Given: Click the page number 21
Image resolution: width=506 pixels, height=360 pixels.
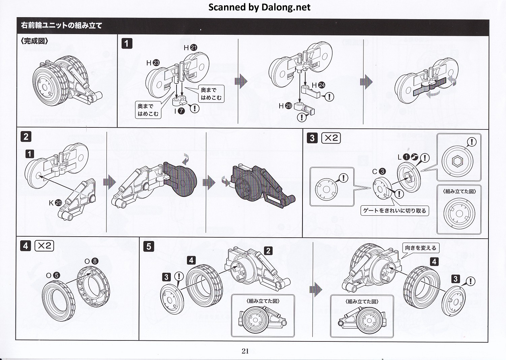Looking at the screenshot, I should coord(245,351).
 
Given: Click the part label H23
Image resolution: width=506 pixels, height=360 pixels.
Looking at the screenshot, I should coord(153,63).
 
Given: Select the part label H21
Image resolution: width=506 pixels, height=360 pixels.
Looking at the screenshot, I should coord(190,48).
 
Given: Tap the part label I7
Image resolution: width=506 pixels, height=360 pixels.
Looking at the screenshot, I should coord(179,110).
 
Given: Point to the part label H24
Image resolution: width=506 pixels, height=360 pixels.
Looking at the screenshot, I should coord(318,85).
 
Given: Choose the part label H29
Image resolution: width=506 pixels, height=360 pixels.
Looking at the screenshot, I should coord(285,106).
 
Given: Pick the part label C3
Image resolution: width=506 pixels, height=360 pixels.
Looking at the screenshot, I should coord(378,171).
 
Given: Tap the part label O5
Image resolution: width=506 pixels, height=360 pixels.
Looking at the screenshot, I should coord(53,275).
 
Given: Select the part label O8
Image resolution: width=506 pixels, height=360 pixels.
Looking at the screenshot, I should coord(91,261).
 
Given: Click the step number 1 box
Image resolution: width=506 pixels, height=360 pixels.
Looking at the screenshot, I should coord(127,43).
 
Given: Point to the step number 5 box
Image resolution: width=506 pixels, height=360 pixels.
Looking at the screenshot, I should coord(149,246).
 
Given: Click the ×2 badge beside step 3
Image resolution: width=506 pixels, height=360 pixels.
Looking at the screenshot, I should coord(331,138).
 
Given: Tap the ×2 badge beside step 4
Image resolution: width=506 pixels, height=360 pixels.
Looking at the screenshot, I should coord(44,246).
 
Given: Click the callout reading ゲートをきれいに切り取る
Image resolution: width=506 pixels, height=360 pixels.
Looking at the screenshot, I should coord(394,211).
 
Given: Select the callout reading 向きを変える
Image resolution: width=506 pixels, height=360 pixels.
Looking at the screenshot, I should coord(420,248).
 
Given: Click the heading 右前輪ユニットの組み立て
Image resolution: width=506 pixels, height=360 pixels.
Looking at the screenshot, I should coord(61,26).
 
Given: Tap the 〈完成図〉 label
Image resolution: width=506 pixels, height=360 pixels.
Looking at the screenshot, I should coord(34,41).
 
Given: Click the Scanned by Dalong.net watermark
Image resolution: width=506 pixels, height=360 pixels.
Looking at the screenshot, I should coord(259,7).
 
